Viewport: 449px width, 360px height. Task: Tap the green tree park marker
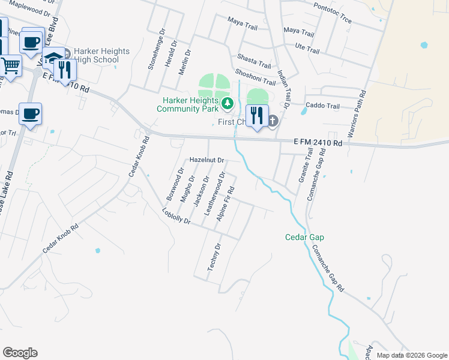[x=228, y=104]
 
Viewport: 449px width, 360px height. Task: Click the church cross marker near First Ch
[x=273, y=122]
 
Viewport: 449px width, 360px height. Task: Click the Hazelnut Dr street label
[x=206, y=161]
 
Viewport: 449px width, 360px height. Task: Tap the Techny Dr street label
[x=215, y=257]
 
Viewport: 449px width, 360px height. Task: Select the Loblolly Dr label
[x=176, y=216]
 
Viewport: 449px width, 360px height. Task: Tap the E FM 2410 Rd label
[x=318, y=143]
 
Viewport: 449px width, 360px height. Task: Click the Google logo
[x=20, y=352]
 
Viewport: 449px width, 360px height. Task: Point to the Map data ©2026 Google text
[x=411, y=355]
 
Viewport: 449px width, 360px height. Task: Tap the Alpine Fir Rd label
[x=225, y=203]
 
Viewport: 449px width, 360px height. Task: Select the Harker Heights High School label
[x=101, y=56]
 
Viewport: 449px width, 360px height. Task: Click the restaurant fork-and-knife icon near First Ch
[x=257, y=115]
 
